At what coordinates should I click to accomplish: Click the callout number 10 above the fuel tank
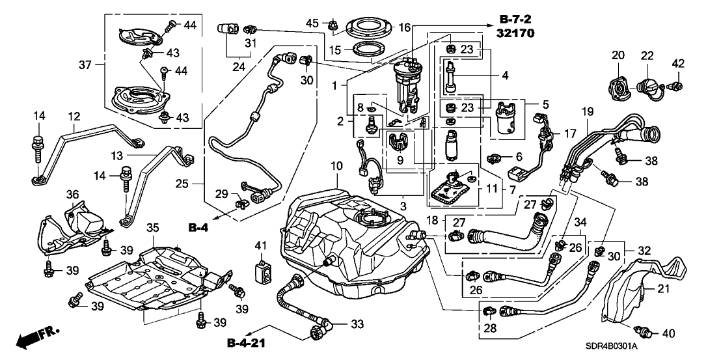(335, 167)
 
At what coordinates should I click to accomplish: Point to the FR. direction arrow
(36, 337)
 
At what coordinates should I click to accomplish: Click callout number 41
(261, 245)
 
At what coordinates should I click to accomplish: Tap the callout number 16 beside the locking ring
(405, 27)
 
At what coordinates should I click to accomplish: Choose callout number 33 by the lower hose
(357, 322)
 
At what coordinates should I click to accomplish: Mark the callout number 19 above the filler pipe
(588, 111)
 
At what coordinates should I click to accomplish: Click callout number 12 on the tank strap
(74, 116)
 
